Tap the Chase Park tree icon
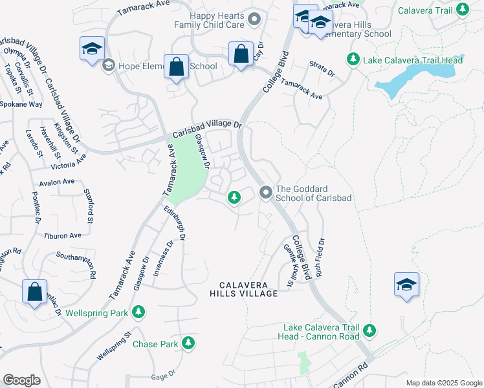pyautogui.click(x=188, y=343)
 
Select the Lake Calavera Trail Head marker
pyautogui.click(x=353, y=59)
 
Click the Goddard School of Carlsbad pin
pyautogui.click(x=265, y=193)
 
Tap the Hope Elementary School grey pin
pyautogui.click(x=108, y=65)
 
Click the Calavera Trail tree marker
pyautogui.click(x=462, y=9)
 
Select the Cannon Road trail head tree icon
pyautogui.click(x=369, y=331)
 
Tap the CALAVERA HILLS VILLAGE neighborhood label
pyautogui.click(x=248, y=289)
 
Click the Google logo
pyautogui.click(x=21, y=380)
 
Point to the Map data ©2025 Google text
pyautogui.click(x=443, y=383)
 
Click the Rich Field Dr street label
pyautogui.click(x=320, y=257)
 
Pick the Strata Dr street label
pyautogui.click(x=322, y=72)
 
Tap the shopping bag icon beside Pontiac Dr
pyautogui.click(x=33, y=291)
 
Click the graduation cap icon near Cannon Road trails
pyautogui.click(x=406, y=285)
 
